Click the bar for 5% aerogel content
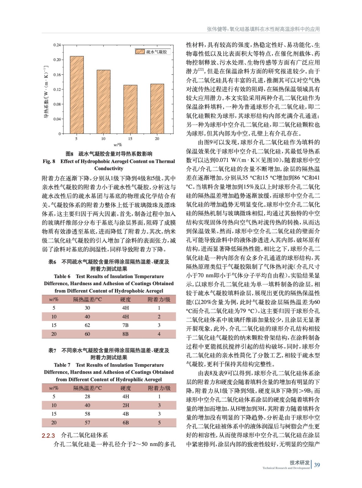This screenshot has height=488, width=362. coord(77,95)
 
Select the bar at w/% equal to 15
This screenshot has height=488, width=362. coord(130,109)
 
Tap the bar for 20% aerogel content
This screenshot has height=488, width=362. coord(157,109)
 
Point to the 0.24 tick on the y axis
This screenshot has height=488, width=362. coord(57,45)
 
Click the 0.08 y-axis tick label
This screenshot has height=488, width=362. coord(57,104)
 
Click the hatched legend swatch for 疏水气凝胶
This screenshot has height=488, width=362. coord(140,52)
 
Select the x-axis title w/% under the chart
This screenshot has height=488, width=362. coord(118,145)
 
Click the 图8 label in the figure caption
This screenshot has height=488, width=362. coord(70,154)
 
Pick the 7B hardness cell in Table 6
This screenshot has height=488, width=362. coord(125,325)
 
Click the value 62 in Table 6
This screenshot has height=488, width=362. coord(87,325)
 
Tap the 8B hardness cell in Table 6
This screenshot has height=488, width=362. coord(125,334)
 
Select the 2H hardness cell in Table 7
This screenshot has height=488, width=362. coord(126,405)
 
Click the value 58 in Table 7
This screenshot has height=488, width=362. coord(87,414)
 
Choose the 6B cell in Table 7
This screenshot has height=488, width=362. coord(126,423)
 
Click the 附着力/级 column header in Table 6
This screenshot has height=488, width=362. coord(159,300)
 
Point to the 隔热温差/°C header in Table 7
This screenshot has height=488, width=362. coord(88,388)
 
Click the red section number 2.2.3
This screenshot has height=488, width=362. coord(48,436)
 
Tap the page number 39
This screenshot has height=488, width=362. coord(317,465)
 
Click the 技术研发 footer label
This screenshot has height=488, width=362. coord(299,462)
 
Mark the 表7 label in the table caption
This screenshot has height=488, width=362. coord(52,350)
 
